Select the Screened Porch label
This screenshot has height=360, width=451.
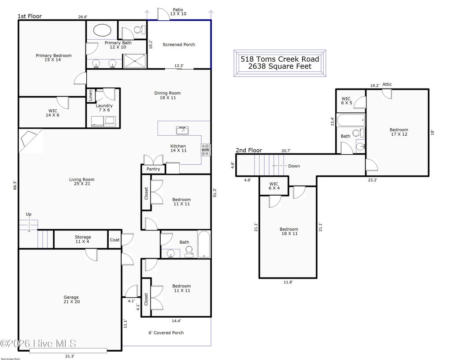click(x=178, y=45)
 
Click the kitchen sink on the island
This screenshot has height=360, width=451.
click(x=182, y=130)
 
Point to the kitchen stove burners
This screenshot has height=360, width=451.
click(x=205, y=150)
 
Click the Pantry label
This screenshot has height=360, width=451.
click(x=153, y=169)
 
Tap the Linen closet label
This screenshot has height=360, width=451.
click(x=91, y=96)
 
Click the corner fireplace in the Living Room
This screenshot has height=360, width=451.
click(x=29, y=138)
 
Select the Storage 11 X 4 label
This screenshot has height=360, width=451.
click(x=82, y=240)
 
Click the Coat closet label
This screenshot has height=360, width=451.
click(x=115, y=240)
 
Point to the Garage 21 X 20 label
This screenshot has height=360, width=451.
click(x=71, y=300)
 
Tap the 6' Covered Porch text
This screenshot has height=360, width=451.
click(x=166, y=333)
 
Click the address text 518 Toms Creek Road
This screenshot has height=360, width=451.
click(x=280, y=59)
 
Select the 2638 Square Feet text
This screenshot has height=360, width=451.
click(x=280, y=67)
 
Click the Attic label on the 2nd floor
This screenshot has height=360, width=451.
click(x=387, y=85)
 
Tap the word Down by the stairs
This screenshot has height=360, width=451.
click(x=294, y=166)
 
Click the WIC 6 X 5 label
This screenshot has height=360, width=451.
click(x=346, y=101)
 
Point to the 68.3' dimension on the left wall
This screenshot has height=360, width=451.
click(x=15, y=185)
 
